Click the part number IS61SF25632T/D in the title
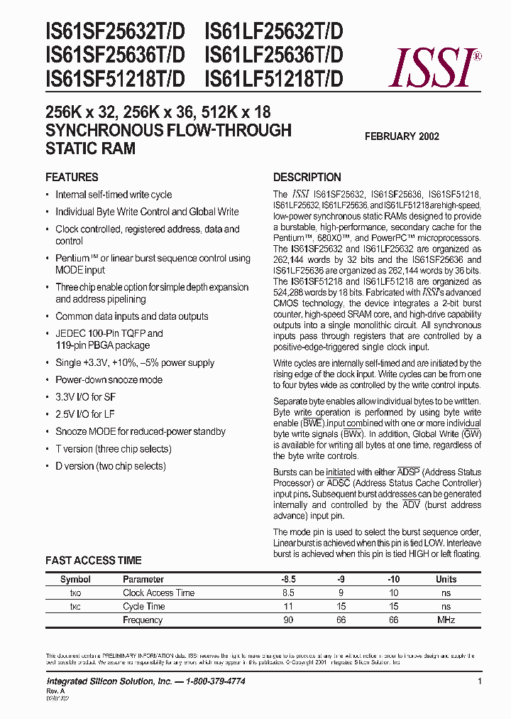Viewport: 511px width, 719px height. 115,32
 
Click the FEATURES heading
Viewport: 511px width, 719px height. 72,177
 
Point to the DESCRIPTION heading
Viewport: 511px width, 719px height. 307,177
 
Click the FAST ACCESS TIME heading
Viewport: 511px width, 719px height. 93,561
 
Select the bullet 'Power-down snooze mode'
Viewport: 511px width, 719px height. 109,379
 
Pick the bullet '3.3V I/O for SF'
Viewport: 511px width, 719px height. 89,396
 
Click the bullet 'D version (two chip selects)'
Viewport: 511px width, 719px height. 110,466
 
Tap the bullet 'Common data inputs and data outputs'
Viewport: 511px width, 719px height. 131,316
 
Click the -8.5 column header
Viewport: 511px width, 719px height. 289,579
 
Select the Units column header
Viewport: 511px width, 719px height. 446,579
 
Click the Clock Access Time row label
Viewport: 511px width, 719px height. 158,593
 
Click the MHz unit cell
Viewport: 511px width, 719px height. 446,620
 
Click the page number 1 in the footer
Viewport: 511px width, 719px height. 480,681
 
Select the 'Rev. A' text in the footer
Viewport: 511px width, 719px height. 55,690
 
